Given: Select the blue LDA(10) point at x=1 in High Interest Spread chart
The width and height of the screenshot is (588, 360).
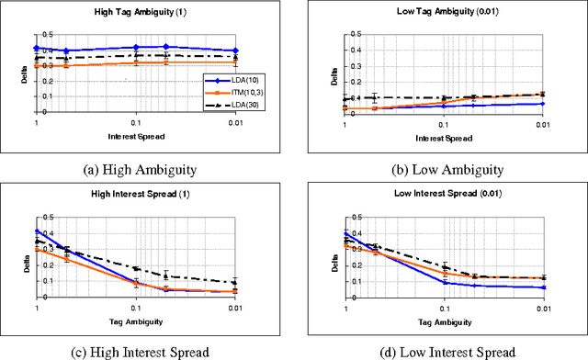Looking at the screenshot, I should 37,231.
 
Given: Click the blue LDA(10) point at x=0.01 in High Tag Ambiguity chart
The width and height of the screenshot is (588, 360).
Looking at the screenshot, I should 235,51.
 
